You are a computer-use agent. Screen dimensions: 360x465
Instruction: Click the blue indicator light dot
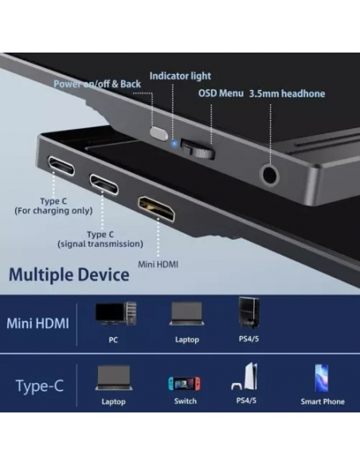pos(174,144)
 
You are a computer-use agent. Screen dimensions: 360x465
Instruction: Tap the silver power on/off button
pos(158,132)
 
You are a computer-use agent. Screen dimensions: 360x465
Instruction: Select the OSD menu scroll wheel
pos(198,149)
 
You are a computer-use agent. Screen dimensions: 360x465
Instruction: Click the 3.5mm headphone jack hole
pos(269,175)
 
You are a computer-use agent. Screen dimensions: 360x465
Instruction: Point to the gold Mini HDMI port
pos(156,209)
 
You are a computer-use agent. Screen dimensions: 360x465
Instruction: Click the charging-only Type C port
pos(61,166)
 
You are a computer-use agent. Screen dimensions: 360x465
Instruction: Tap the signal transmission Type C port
pos(104,184)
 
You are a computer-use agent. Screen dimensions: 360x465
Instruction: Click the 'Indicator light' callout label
pos(180,76)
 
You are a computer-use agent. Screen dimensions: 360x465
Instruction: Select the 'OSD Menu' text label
pos(221,93)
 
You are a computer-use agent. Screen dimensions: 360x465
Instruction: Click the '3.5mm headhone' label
pos(287,94)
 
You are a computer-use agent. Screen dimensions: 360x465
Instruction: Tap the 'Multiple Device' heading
pos(69,275)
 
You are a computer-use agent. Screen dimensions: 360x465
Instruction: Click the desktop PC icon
pos(115,314)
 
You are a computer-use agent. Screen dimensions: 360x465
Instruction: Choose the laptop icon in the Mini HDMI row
pos(186,314)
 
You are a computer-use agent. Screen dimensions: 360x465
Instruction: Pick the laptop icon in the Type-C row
pos(114,377)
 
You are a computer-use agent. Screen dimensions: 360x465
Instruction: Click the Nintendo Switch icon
pos(184,383)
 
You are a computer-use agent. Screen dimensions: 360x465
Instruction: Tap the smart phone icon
pos(322,378)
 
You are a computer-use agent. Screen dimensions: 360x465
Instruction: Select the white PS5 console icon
pos(245,377)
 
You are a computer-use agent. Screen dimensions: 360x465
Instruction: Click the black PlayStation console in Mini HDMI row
pos(248,312)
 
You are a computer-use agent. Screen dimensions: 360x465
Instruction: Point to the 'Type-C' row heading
pos(40,386)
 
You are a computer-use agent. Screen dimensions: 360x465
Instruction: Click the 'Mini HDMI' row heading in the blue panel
pos(37,323)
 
